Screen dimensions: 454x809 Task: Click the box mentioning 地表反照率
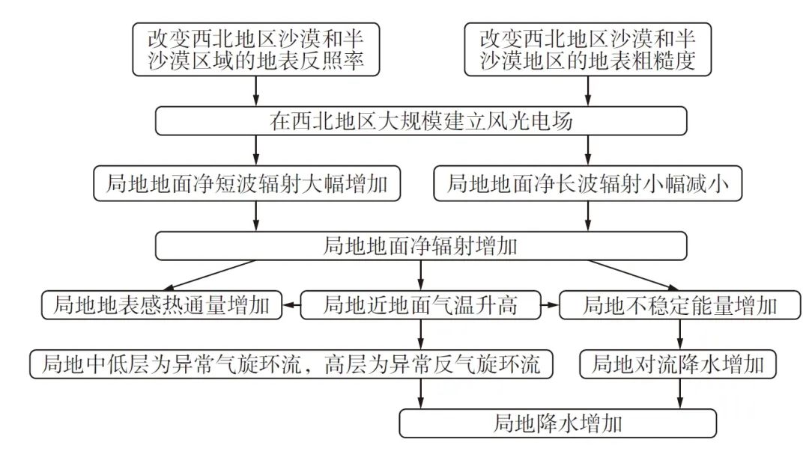255,49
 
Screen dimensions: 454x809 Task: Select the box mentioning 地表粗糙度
587,49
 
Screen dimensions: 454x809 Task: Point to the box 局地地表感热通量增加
161,305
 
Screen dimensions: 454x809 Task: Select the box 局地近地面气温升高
420,305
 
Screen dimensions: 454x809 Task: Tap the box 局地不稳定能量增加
680,305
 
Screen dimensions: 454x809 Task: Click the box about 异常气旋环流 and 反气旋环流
292,364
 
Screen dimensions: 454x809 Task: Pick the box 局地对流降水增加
679,364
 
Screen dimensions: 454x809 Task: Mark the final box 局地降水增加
557,424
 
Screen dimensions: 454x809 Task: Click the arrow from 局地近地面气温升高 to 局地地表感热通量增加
291,305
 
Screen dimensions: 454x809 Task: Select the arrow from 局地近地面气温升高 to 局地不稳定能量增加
551,305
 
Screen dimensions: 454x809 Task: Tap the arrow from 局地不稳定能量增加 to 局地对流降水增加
680,334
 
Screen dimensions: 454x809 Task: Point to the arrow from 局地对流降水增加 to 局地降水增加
680,393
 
